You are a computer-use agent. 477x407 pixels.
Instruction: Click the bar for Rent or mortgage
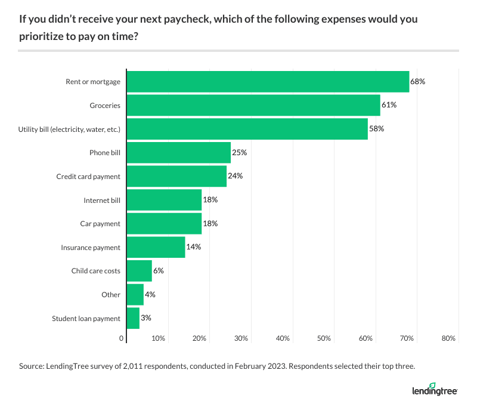pos(268,82)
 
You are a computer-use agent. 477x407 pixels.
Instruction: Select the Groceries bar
pos(253,105)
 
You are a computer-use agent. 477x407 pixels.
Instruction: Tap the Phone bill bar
pos(179,153)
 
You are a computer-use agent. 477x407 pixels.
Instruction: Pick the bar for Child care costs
pos(140,271)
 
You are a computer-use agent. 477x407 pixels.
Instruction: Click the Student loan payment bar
pos(134,318)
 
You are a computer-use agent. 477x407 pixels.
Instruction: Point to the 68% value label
pos(418,82)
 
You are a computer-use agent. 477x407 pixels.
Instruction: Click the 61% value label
pos(389,105)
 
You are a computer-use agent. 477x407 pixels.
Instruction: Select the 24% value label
pos(235,176)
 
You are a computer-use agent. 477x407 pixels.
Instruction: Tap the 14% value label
pos(194,247)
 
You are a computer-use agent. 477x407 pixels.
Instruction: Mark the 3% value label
pos(146,318)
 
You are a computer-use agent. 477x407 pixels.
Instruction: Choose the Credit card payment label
pos(88,176)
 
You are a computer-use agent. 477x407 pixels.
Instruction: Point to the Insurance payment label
pos(91,247)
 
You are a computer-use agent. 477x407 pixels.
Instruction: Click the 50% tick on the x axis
pos(324,338)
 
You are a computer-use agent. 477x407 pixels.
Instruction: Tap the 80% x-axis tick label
pos(448,338)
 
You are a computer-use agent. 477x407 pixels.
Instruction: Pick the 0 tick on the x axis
pos(122,338)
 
